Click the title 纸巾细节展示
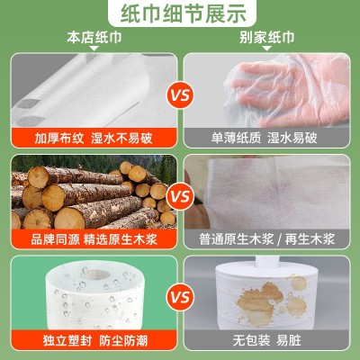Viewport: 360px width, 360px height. [x=179, y=13]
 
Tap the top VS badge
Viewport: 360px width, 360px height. [x=180, y=93]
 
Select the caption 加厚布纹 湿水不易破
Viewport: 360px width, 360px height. [x=91, y=137]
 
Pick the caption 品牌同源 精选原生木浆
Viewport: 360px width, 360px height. [x=91, y=239]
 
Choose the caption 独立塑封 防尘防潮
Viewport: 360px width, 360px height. [x=91, y=341]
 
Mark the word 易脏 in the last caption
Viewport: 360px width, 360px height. [x=291, y=341]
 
